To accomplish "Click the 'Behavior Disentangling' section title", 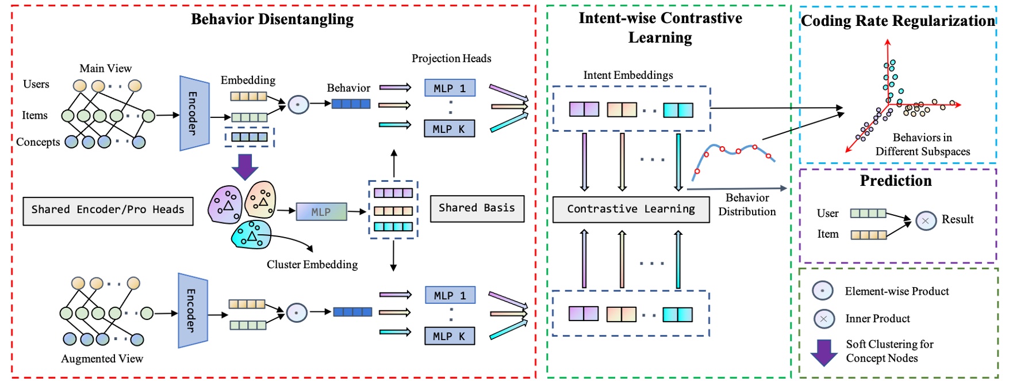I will coord(272,19).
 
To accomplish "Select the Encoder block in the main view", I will coord(194,113).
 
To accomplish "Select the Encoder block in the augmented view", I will coord(192,311).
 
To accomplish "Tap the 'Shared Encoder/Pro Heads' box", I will coord(108,211).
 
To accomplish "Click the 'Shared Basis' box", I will coord(477,208).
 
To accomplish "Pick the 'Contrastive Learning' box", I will coord(631,209).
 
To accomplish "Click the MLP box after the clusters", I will coord(321,212).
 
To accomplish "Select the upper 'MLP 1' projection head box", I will coord(450,88).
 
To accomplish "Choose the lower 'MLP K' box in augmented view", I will coord(450,336).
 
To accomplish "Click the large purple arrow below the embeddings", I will coord(245,166).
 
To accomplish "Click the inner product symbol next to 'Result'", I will coord(926,220).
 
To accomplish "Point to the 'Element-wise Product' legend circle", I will coord(822,291).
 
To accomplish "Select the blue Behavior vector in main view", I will coord(351,104).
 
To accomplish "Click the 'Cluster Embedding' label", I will coord(312,265).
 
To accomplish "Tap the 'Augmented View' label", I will coord(102,359).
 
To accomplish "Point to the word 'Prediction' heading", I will coord(895,181).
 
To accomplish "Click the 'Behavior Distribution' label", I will coord(747,205).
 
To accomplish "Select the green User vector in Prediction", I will coord(868,214).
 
